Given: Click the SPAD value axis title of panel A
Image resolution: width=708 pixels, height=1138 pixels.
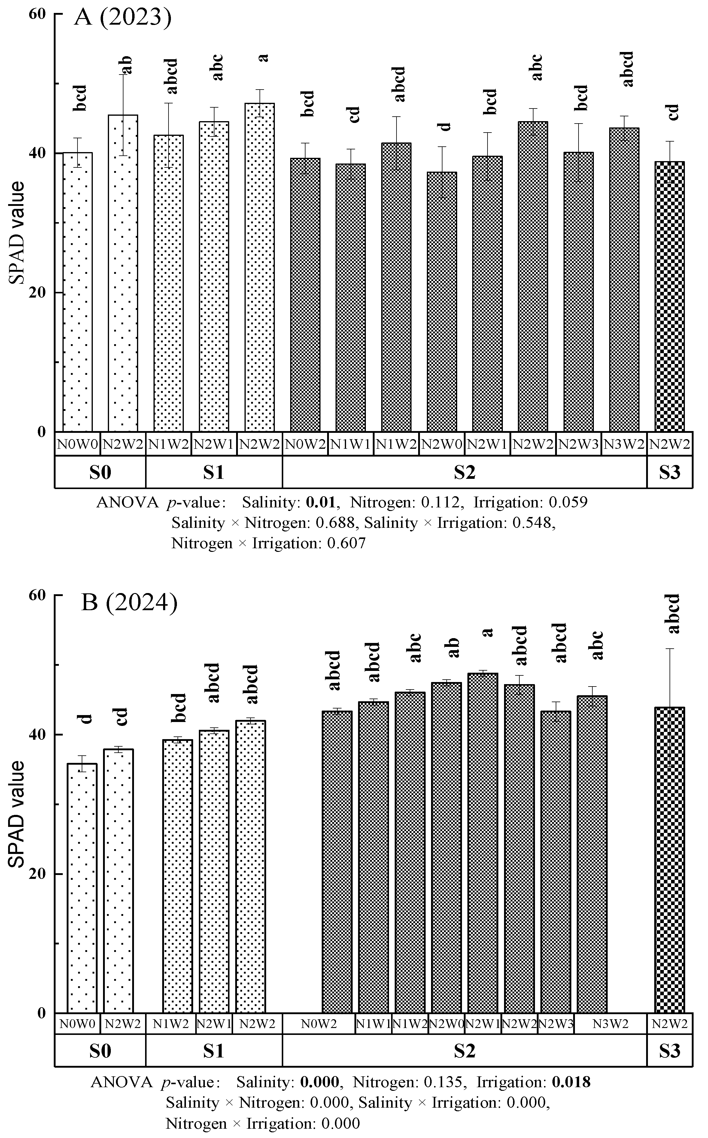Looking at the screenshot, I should point(18,233).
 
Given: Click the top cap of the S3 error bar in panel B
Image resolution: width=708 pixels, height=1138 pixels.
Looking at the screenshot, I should point(670,649).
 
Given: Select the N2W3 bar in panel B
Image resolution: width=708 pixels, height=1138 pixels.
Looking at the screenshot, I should point(555,862).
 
